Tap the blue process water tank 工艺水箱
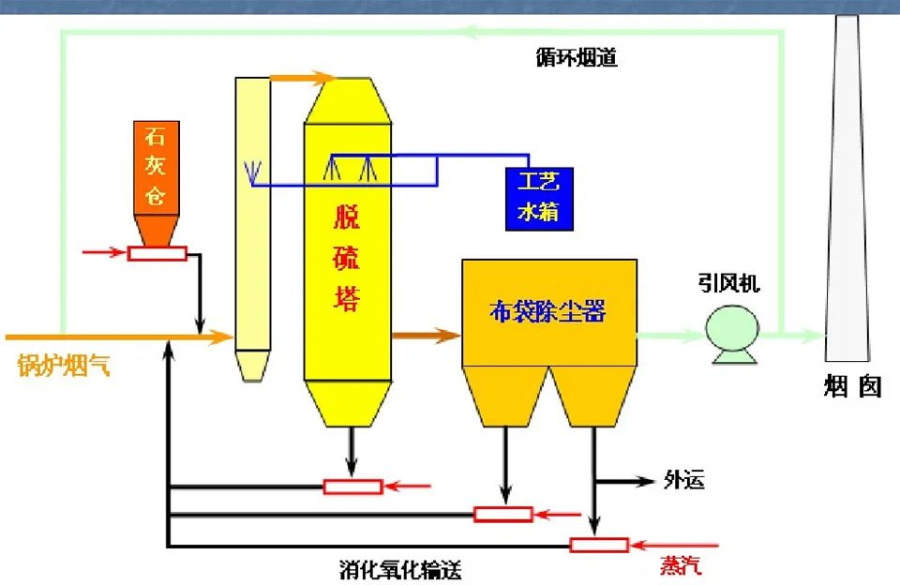(538, 198)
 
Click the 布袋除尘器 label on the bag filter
(548, 311)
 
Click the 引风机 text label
(728, 283)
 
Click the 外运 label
(683, 481)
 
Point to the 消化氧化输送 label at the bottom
(400, 569)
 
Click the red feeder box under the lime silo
(157, 252)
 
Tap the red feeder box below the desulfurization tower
(352, 486)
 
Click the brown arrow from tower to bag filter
(426, 334)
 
